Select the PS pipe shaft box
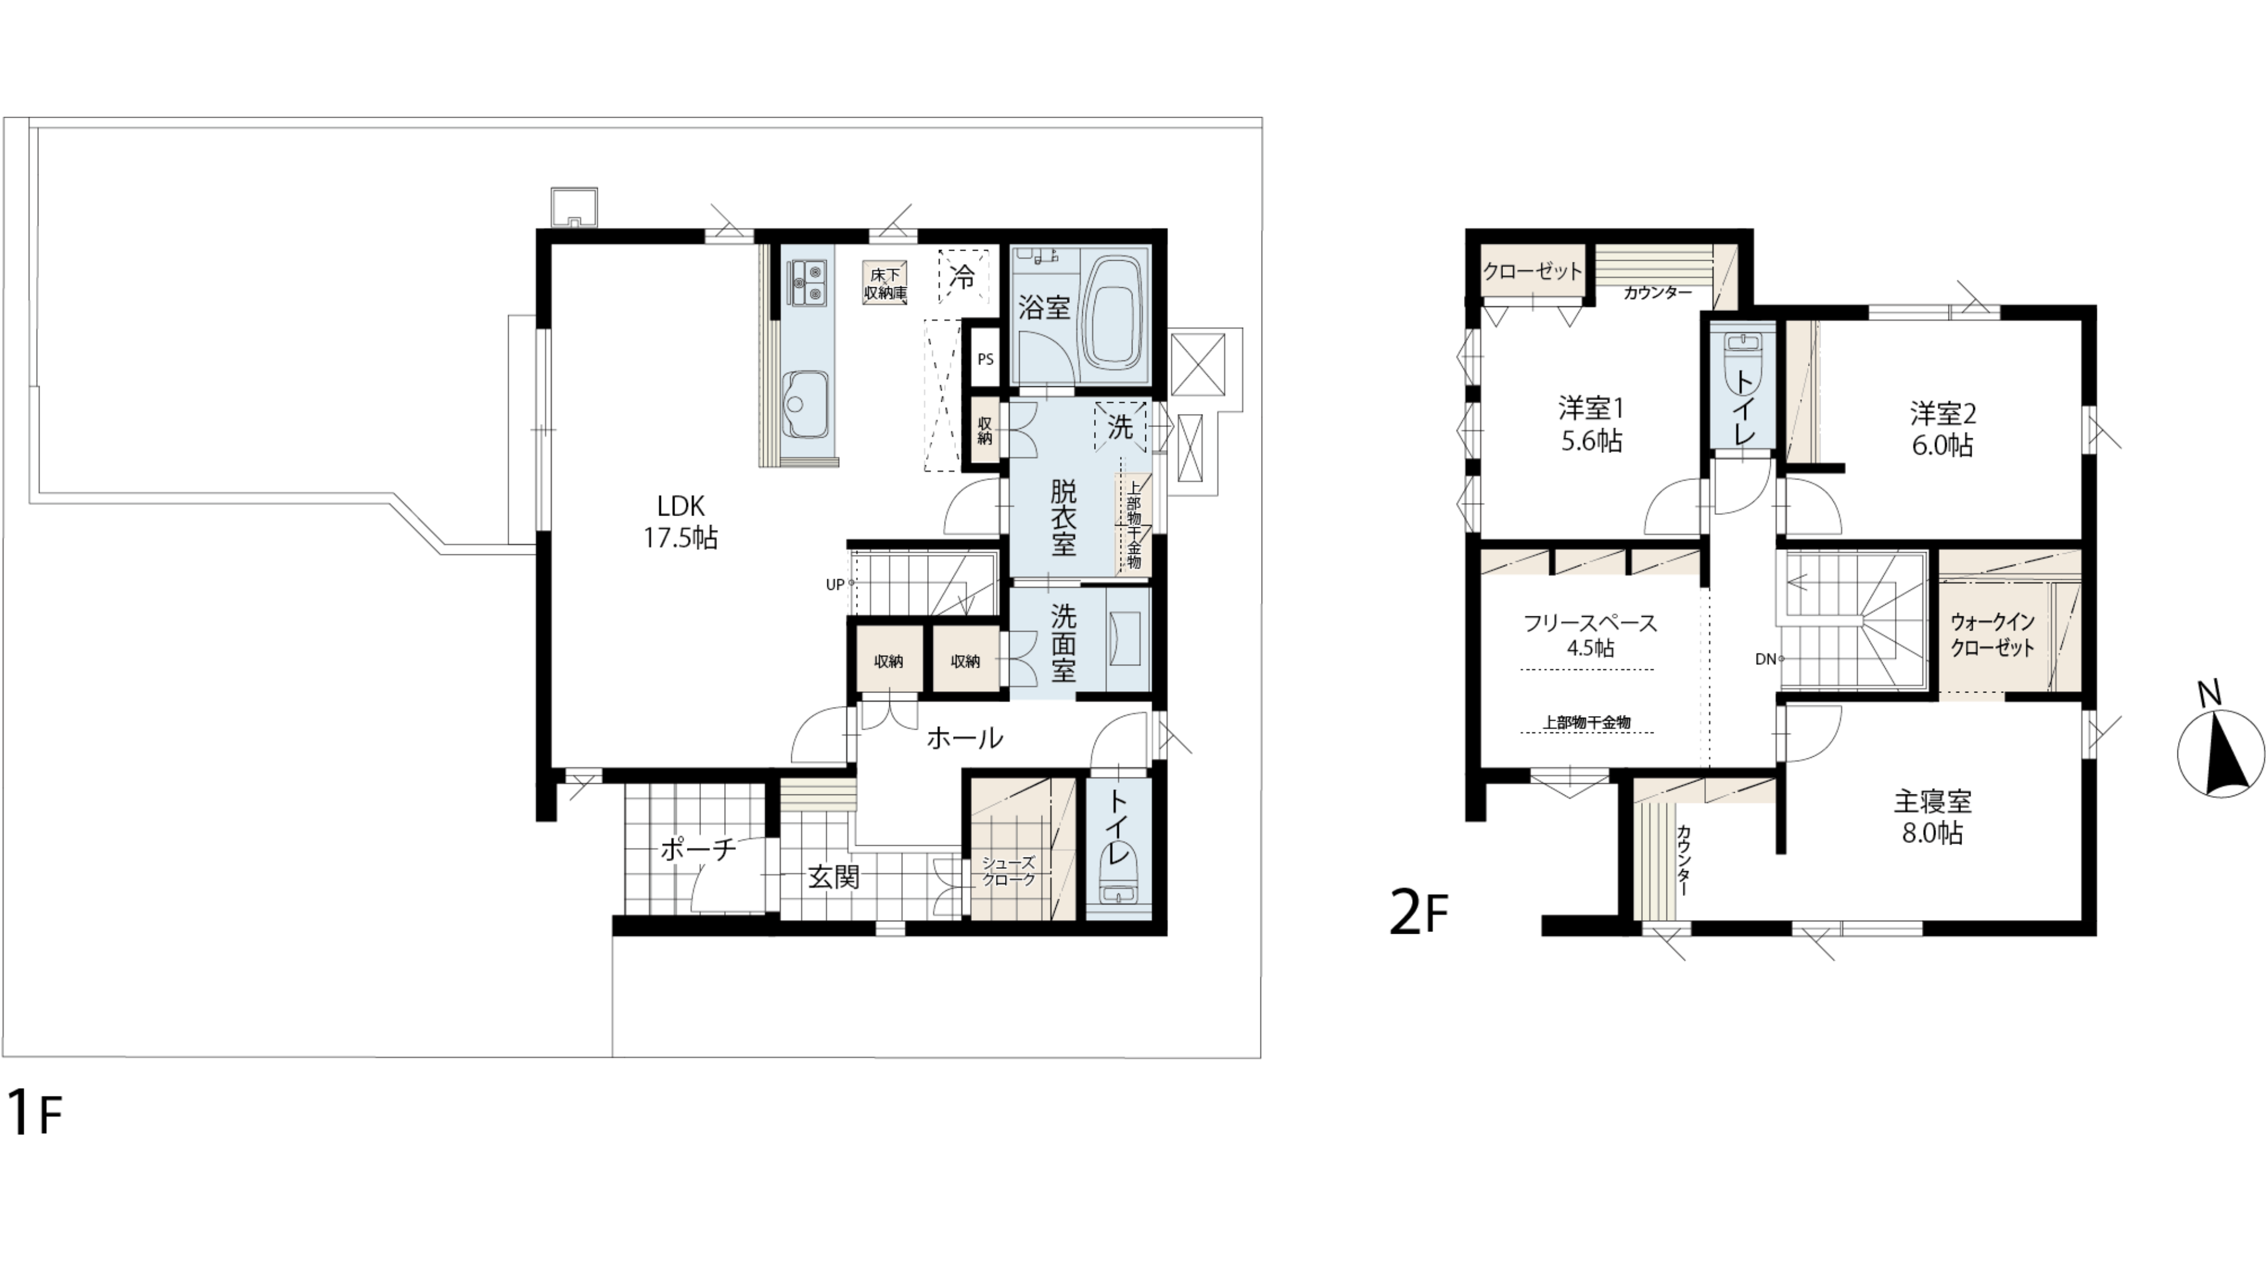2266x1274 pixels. point(985,359)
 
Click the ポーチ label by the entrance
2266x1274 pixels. point(698,849)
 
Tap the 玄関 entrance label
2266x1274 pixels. point(833,876)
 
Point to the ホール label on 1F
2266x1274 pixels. point(964,738)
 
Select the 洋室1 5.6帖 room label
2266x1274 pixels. point(1590,425)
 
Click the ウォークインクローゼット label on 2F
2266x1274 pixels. point(1992,635)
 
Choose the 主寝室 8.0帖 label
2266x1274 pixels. point(1933,817)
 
